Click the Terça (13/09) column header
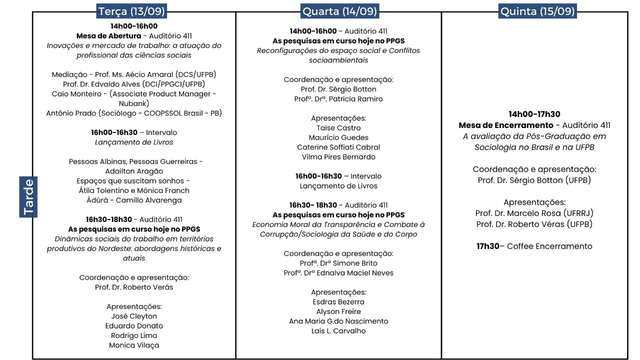click(x=131, y=11)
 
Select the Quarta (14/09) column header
click(x=339, y=11)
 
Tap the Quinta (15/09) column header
click(x=537, y=11)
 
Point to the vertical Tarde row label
click(x=28, y=197)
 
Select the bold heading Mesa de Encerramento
click(x=506, y=125)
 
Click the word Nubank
click(x=134, y=103)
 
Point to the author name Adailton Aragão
click(x=134, y=171)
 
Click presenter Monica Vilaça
click(x=133, y=345)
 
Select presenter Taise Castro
click(x=338, y=128)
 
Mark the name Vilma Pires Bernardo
click(x=338, y=157)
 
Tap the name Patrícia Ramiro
click(x=354, y=99)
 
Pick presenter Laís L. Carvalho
click(x=338, y=331)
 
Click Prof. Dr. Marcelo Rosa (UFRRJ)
click(x=534, y=213)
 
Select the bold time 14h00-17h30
click(x=534, y=114)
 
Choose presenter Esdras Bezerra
click(x=338, y=302)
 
